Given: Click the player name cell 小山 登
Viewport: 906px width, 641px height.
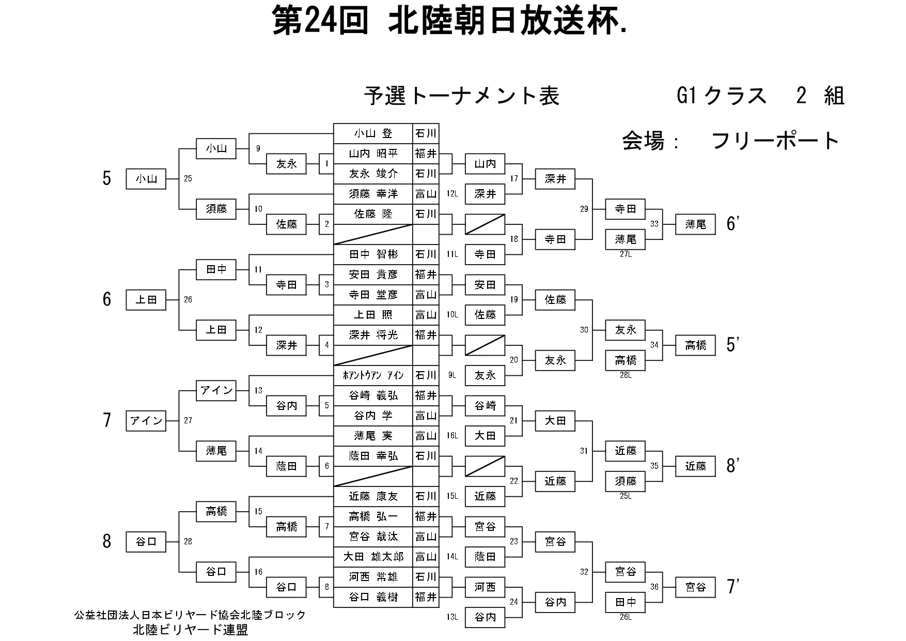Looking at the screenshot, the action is click(373, 133).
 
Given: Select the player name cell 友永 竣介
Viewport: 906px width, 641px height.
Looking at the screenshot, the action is click(373, 174).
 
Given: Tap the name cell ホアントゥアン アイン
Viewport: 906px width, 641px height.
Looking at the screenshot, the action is click(373, 375).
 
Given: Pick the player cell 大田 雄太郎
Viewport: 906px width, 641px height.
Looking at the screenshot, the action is click(373, 557).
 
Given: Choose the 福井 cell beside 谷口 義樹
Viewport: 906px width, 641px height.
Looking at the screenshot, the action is click(426, 597).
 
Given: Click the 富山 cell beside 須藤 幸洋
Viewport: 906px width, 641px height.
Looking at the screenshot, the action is click(426, 194).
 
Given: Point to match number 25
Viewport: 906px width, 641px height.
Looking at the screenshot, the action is click(188, 179).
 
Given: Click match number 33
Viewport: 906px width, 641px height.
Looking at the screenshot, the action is click(654, 224).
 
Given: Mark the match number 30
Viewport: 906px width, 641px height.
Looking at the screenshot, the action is click(584, 330).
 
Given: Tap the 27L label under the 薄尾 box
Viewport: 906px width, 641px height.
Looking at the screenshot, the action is click(626, 254).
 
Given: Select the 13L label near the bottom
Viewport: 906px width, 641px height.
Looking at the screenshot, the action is click(452, 617).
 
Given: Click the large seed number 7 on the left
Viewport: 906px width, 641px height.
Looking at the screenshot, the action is click(107, 420).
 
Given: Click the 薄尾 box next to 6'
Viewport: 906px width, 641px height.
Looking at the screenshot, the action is click(695, 224).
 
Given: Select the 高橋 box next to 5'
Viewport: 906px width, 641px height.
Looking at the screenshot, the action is click(695, 345).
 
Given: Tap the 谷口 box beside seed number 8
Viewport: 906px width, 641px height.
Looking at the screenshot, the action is click(146, 542).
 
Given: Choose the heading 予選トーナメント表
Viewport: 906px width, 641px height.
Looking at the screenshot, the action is click(461, 96).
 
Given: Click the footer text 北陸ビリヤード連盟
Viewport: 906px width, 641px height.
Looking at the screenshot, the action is click(190, 630).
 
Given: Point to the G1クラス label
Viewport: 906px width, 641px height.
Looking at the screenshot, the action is click(722, 96).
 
